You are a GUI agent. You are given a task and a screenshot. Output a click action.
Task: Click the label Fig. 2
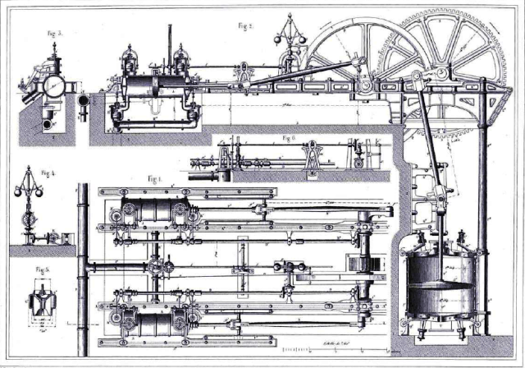(x=244, y=25)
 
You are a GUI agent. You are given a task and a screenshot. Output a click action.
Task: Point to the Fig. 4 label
(x=49, y=173)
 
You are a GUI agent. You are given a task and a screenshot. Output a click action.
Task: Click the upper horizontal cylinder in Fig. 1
(x=152, y=211)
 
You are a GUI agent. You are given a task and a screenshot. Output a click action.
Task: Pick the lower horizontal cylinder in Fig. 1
(x=152, y=323)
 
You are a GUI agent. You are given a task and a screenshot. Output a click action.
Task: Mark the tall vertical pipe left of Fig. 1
(x=82, y=263)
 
